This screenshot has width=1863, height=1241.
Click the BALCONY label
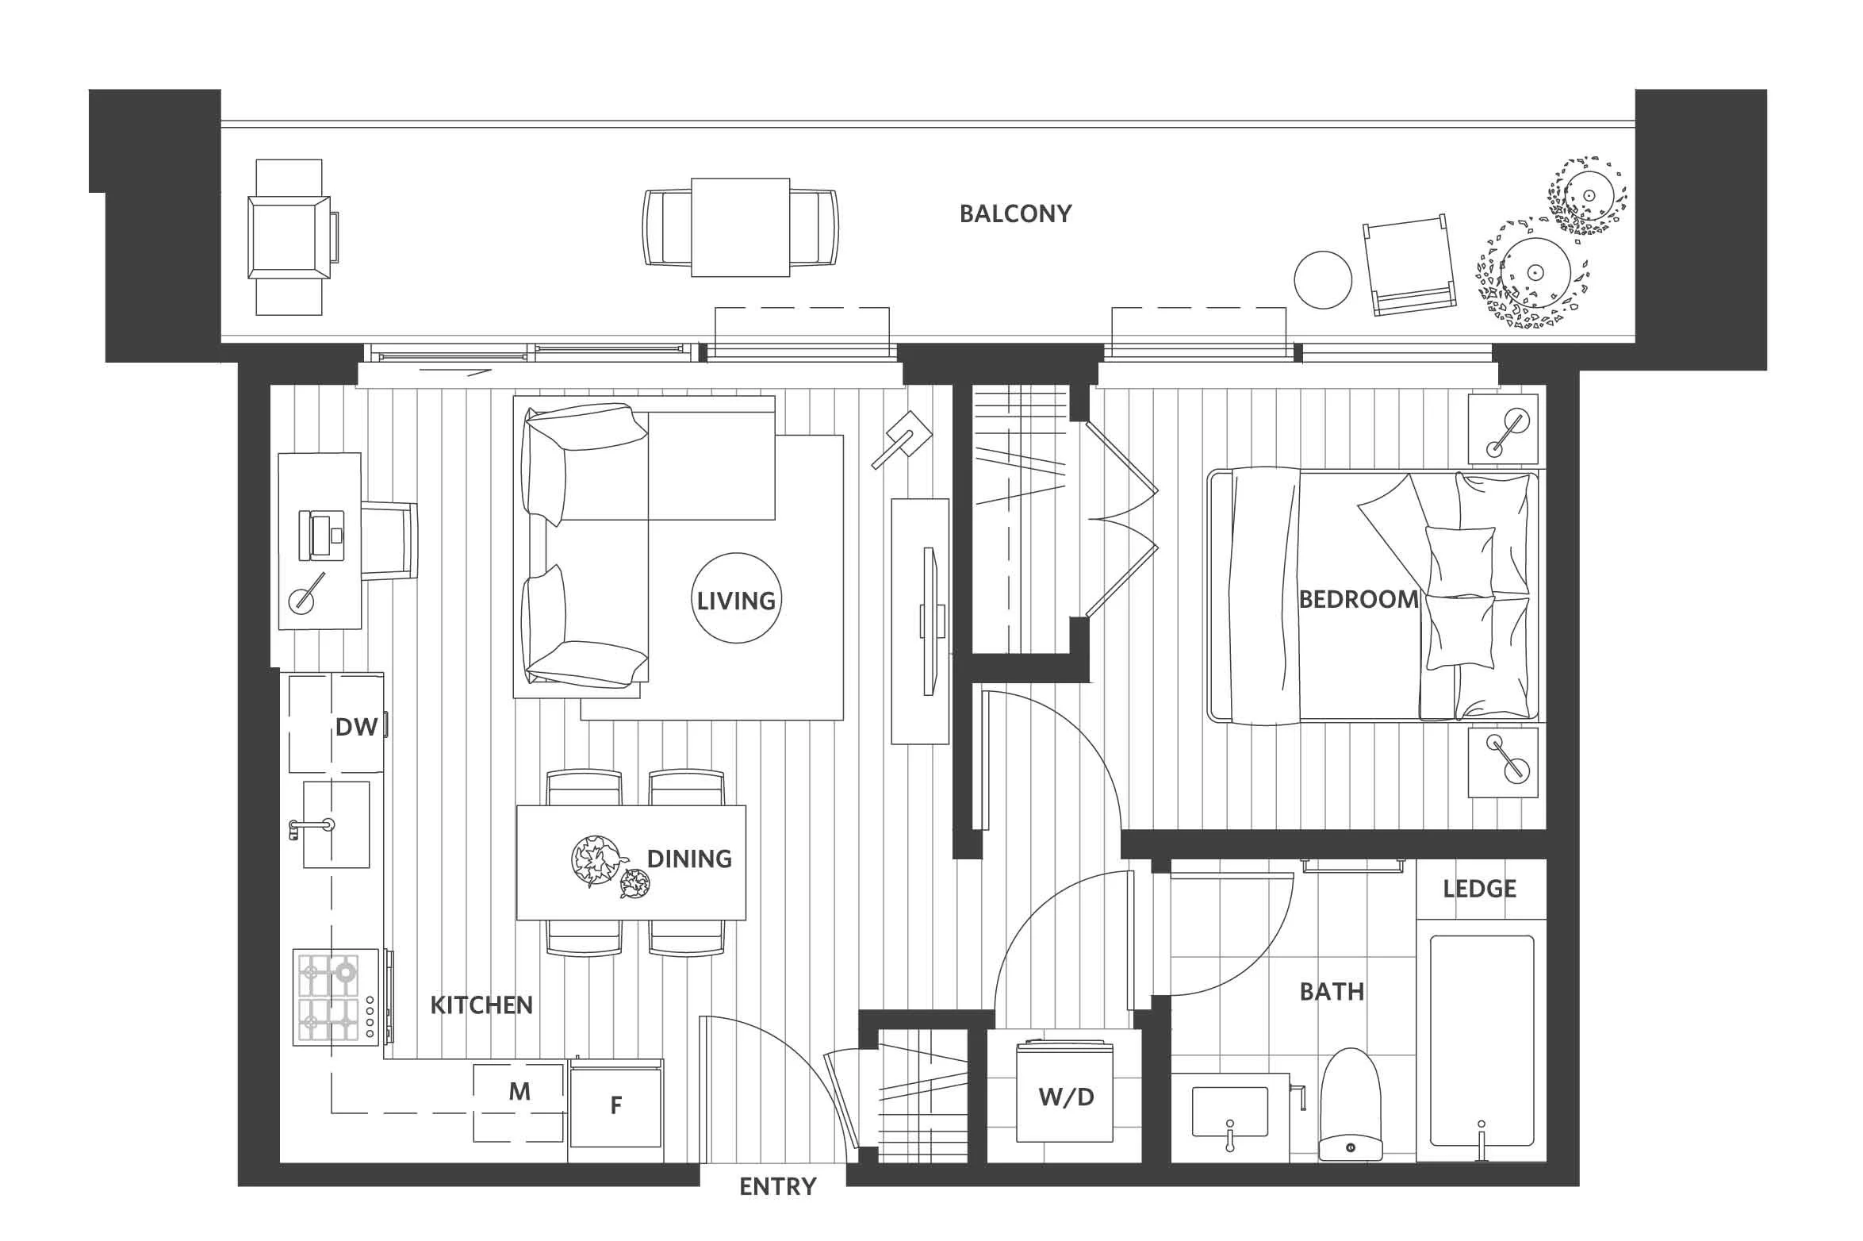coord(1015,213)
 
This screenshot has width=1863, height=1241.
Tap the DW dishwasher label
coord(356,727)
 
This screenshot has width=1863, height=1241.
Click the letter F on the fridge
coord(615,1105)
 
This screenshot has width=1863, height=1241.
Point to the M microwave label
coord(519,1092)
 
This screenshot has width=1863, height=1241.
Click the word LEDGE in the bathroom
coord(1479,889)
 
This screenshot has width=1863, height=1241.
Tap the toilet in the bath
coord(1350,1104)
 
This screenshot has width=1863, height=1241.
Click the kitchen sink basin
coord(336,824)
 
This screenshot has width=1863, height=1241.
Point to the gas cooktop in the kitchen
coord(336,997)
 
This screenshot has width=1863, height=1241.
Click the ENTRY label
coord(777,1186)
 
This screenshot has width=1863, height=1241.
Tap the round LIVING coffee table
coord(737,598)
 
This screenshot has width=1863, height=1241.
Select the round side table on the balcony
coord(1323,280)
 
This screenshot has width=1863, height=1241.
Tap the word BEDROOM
coord(1358,599)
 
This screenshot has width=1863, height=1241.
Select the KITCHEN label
coord(481,1005)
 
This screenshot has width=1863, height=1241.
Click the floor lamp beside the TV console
coord(903,439)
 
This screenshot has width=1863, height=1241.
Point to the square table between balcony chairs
coord(741,228)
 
